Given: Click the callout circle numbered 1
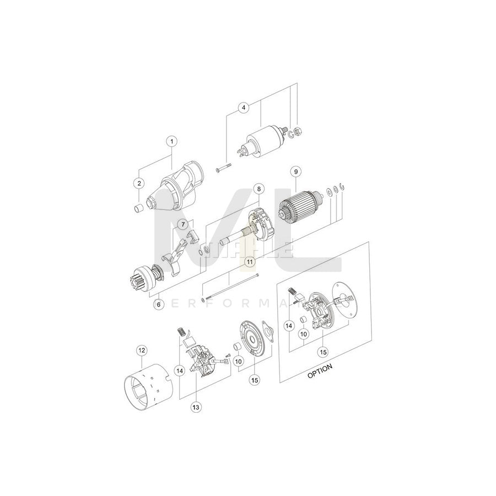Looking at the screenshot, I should (x=171, y=142).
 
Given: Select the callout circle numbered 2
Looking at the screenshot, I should (x=139, y=183).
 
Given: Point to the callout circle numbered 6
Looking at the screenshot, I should (x=159, y=304).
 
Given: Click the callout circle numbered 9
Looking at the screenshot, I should (x=295, y=171).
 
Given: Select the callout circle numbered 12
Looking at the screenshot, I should (x=142, y=349).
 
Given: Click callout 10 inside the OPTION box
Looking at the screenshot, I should (x=303, y=334).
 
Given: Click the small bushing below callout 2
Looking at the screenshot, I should (x=139, y=208).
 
